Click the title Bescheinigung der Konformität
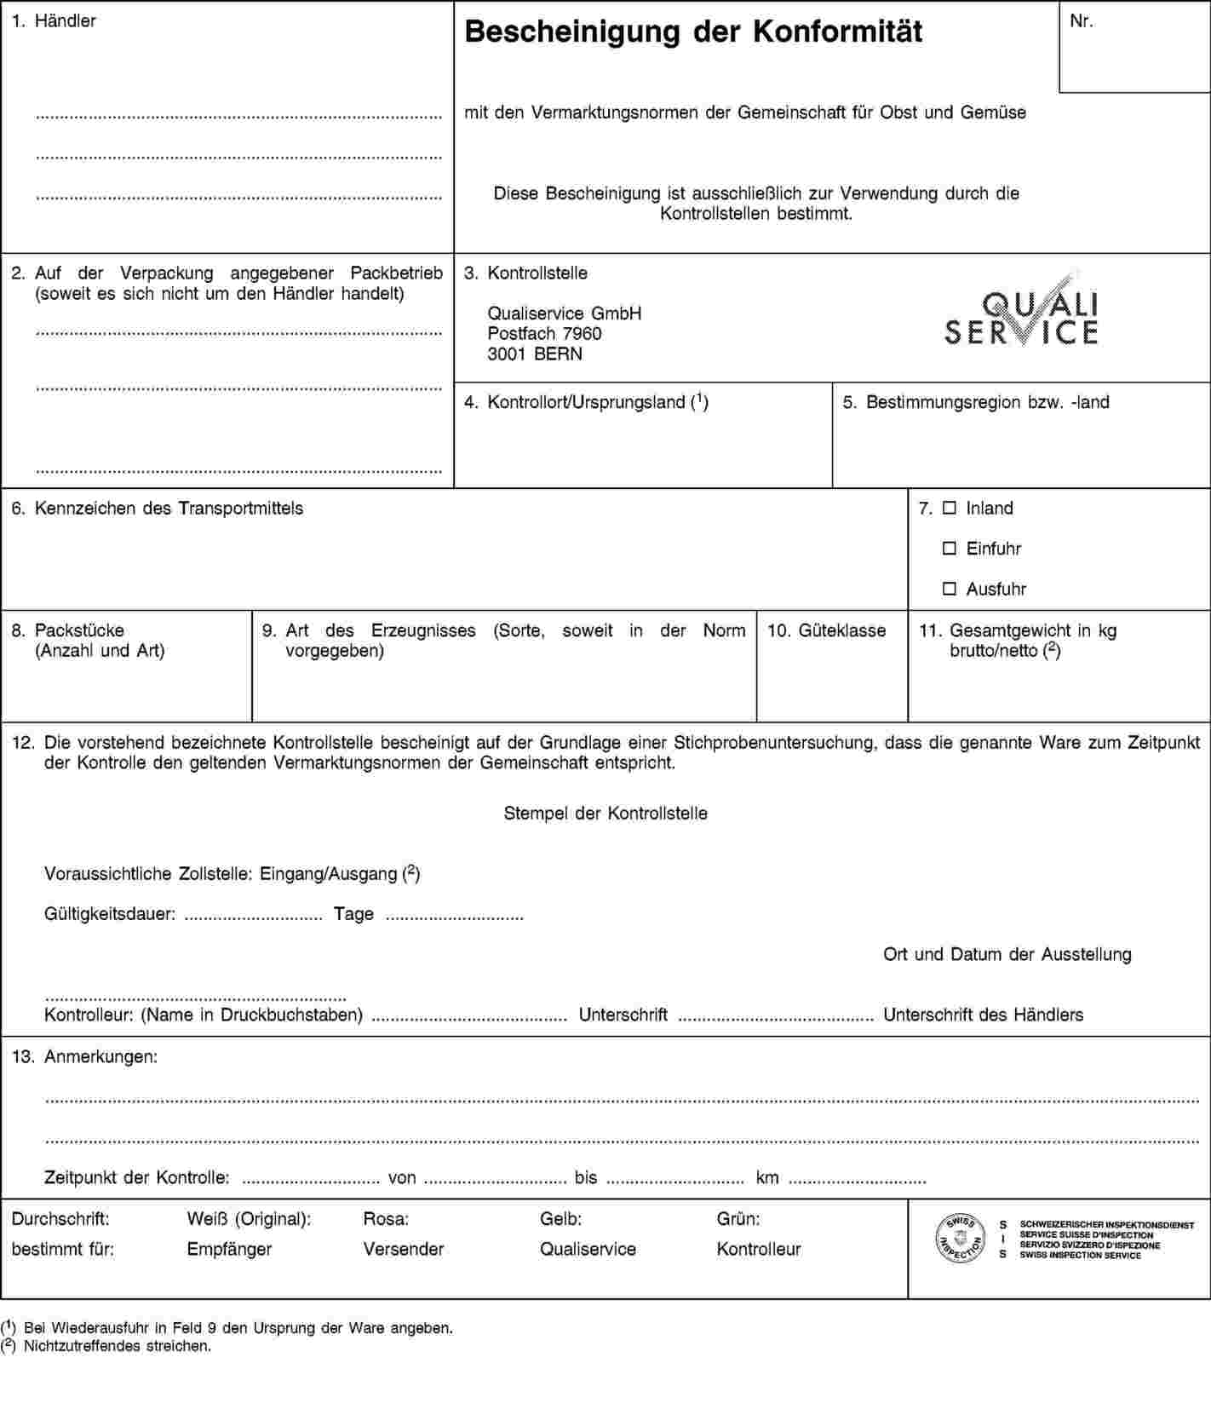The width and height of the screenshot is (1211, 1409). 693,32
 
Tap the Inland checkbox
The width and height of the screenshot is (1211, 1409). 950,509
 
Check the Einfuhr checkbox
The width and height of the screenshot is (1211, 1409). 950,549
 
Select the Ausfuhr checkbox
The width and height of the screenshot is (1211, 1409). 950,589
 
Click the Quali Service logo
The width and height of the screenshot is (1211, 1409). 1021,313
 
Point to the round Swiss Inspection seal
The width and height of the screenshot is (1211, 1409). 961,1238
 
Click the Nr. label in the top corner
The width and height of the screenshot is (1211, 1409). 1081,22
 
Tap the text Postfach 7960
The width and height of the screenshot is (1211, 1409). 544,333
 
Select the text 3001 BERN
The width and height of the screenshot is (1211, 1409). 535,354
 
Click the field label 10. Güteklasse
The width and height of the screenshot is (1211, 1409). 826,630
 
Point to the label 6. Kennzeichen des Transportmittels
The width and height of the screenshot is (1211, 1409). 157,509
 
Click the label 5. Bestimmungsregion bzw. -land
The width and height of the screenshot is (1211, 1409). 976,402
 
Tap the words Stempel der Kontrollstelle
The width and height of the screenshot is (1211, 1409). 605,813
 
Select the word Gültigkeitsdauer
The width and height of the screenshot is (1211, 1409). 110,914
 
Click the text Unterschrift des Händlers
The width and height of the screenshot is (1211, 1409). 983,1015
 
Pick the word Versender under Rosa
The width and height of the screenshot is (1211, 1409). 404,1249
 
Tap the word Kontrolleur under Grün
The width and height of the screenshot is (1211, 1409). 759,1249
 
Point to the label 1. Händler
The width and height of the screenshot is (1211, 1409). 54,21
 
